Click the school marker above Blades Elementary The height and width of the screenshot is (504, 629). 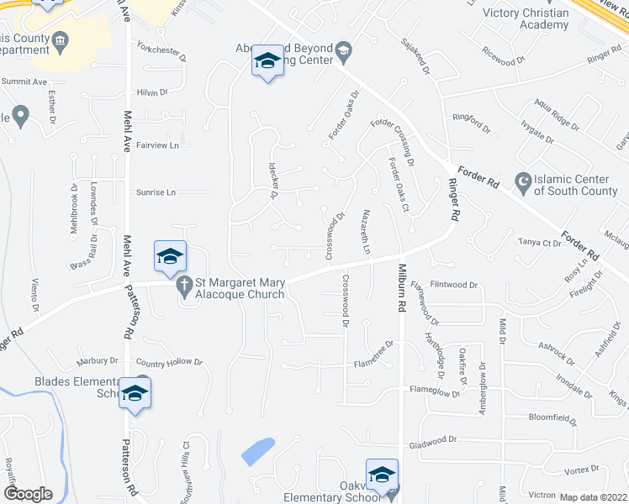point(135,393)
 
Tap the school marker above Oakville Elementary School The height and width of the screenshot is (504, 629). point(381,474)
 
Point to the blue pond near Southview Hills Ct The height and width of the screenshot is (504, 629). point(258,451)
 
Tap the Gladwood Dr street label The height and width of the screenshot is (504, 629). point(432,439)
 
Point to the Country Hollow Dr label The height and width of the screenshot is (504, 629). point(169,362)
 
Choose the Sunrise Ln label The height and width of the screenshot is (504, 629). point(156,192)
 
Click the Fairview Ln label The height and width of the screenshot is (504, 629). point(157,145)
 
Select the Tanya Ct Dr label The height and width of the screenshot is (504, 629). point(540,244)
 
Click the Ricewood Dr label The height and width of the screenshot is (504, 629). point(504,61)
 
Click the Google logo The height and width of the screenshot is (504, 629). point(28,494)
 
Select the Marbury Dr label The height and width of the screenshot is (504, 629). point(98,362)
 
